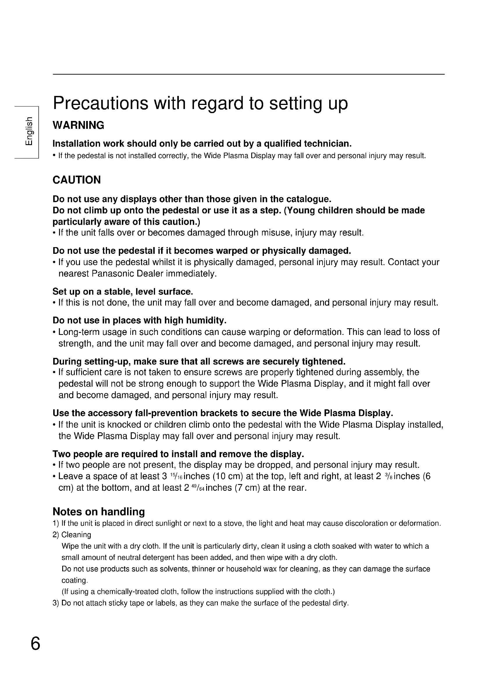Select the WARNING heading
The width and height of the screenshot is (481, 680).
tap(79, 125)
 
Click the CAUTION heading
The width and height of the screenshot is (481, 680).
tap(77, 180)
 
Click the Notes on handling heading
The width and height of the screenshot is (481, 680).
tap(99, 511)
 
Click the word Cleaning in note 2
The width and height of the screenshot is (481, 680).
tap(76, 535)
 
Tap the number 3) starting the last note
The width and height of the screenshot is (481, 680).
tap(56, 603)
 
